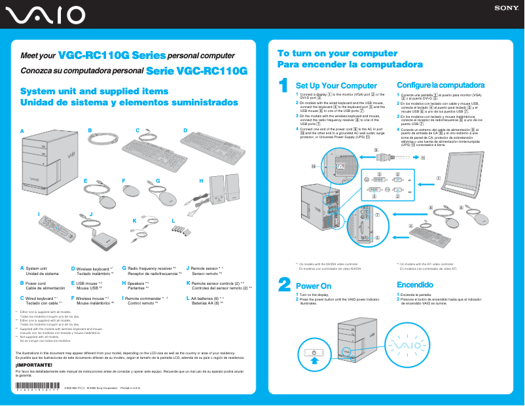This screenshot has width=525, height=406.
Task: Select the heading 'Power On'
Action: (314, 286)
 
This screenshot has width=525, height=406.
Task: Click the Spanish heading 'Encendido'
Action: (415, 285)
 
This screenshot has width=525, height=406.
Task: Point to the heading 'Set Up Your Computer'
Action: (336, 86)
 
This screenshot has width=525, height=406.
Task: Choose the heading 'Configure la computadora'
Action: (441, 85)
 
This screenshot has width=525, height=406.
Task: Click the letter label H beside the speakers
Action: (201, 180)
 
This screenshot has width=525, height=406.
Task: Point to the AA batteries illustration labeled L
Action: (179, 231)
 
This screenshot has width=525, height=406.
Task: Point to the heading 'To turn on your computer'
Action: (337, 54)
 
